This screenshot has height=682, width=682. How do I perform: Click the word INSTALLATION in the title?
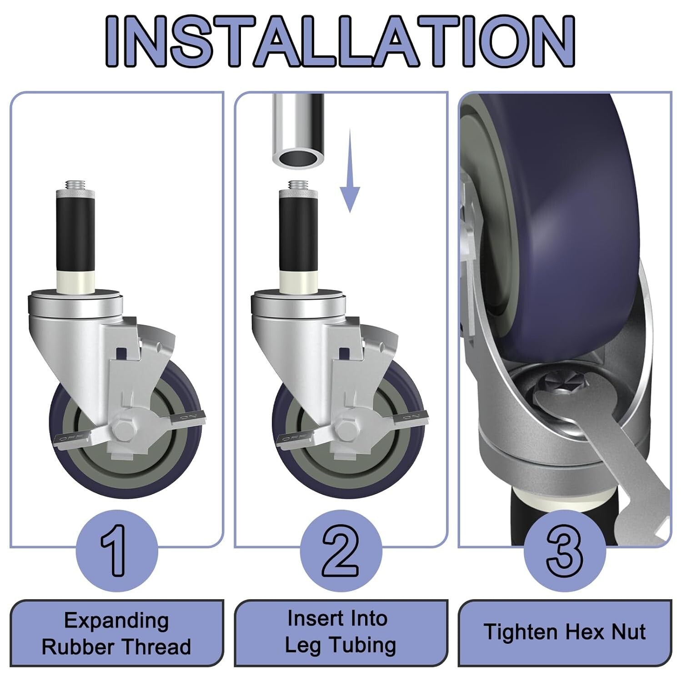[340, 42]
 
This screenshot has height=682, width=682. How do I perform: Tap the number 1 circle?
[117, 550]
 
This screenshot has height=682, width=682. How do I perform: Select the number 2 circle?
[341, 550]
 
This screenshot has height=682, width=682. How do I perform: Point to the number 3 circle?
[564, 550]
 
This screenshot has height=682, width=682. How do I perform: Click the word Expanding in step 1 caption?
[116, 621]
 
